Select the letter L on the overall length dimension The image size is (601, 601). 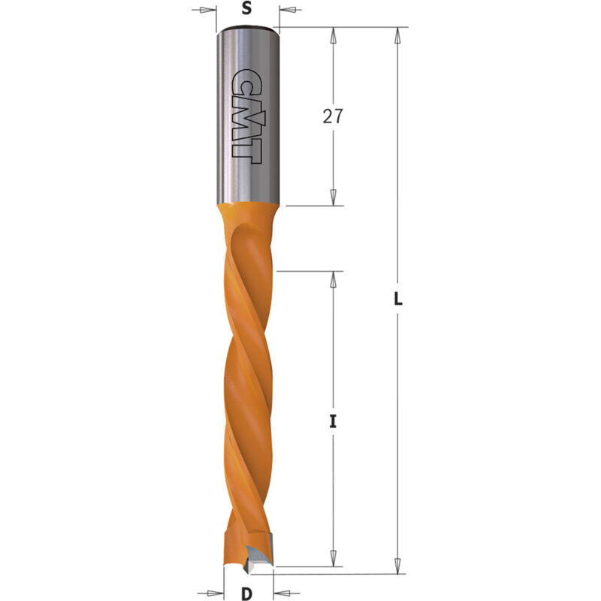coord(399,299)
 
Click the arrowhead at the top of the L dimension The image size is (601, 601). coord(396,35)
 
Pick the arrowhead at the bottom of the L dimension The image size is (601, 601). coord(396,567)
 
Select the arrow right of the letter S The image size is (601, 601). coord(288,11)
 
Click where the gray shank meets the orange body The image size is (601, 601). coord(249,204)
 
